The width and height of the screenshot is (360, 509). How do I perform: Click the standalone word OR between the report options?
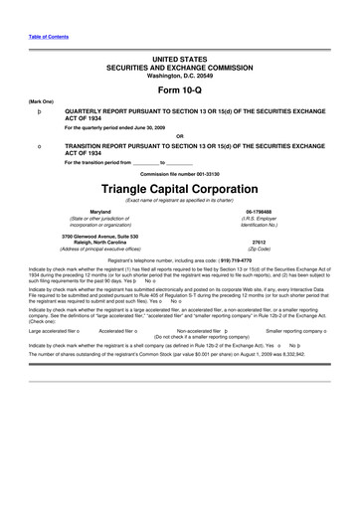point(179,136)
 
